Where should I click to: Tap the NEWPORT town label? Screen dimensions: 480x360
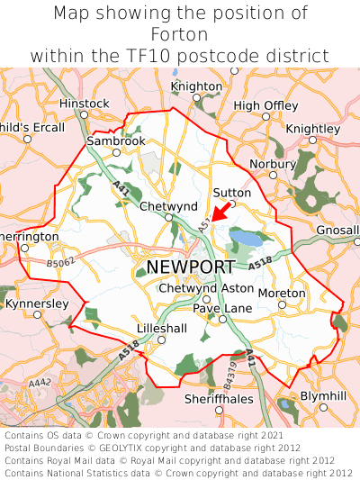pyautogui.click(x=190, y=267)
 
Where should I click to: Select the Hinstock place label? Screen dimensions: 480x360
pyautogui.click(x=83, y=104)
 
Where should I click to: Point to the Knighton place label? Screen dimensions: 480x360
pyautogui.click(x=196, y=86)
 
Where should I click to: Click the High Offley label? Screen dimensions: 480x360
pyautogui.click(x=265, y=105)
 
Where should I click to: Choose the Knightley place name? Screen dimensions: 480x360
pyautogui.click(x=312, y=129)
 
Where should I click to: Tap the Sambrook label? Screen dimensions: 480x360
pyautogui.click(x=115, y=141)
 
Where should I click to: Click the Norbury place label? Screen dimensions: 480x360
pyautogui.click(x=272, y=164)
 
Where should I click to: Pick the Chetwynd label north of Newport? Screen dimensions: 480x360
pyautogui.click(x=168, y=206)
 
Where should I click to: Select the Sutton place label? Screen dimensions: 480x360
pyautogui.click(x=231, y=193)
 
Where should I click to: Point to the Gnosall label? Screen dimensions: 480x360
pyautogui.click(x=338, y=231)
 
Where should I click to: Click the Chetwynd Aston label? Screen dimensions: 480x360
pyautogui.click(x=206, y=287)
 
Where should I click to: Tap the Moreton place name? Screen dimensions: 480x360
pyautogui.click(x=282, y=294)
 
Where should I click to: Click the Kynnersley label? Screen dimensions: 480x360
pyautogui.click(x=37, y=304)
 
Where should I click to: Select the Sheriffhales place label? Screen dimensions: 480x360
pyautogui.click(x=214, y=398)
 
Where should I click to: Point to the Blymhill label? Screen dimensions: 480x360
pyautogui.click(x=322, y=395)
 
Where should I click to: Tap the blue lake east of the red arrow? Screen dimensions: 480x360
pyautogui.click(x=246, y=239)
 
